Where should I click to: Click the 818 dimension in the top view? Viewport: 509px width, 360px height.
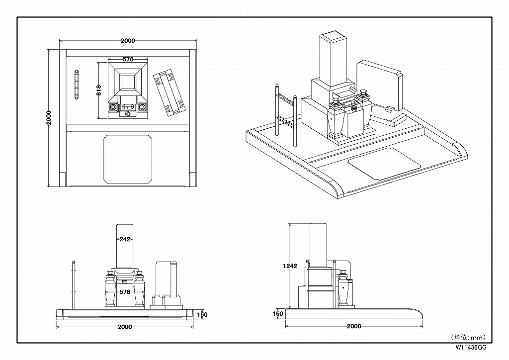[x=99, y=90]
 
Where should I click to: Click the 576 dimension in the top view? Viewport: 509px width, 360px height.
[x=128, y=59]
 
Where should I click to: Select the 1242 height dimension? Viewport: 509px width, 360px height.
[x=290, y=266]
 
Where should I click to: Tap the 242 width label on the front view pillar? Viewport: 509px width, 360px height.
[x=125, y=239]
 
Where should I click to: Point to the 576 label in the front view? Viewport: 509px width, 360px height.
[x=125, y=292]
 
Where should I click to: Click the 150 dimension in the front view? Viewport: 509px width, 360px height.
[x=202, y=314]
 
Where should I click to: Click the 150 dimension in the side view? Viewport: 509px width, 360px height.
[x=278, y=314]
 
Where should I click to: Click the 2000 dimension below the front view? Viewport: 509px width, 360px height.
[x=125, y=327]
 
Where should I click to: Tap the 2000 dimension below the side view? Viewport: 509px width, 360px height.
[x=353, y=326]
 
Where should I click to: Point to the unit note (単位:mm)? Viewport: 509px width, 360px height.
[x=468, y=337]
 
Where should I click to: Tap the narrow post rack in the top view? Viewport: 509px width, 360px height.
[x=77, y=85]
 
